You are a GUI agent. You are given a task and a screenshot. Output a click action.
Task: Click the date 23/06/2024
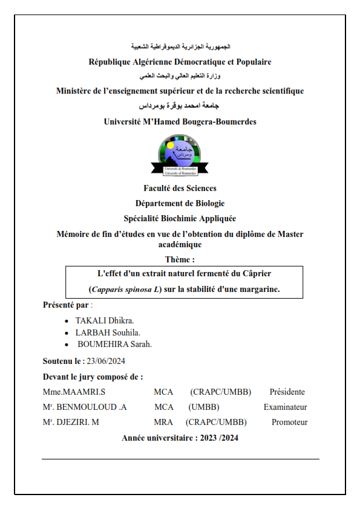tap(106, 361)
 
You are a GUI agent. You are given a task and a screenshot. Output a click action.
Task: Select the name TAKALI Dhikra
tap(105, 320)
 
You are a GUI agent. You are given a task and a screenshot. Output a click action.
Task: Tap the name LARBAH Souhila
tap(108, 332)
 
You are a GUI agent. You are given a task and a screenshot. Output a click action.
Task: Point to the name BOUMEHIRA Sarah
tap(114, 345)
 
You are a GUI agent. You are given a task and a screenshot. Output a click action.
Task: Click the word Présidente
tap(287, 392)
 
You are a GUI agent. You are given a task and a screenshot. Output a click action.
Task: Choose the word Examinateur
tap(285, 407)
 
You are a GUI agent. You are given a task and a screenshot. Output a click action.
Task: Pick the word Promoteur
tap(290, 423)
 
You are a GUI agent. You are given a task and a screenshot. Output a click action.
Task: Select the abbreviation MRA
tap(163, 423)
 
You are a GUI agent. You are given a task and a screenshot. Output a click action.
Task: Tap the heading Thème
tap(180, 260)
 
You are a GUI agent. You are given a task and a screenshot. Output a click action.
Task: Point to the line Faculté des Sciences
tap(180, 188)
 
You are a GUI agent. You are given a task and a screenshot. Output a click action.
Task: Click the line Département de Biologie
tap(180, 203)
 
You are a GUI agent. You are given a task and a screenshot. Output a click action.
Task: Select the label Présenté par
tap(65, 305)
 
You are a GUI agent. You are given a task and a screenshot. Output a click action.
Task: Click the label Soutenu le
tap(62, 361)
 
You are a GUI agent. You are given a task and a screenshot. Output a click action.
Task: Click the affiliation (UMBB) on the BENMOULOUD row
tap(204, 407)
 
